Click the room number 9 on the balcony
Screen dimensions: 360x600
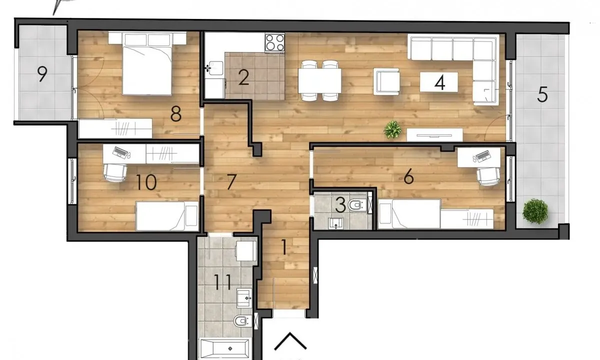point(42,74)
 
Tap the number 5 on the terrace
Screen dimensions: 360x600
point(542,94)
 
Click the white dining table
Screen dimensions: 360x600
point(320,80)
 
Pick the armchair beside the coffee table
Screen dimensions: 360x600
point(387,81)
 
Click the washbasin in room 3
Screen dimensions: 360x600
point(335,222)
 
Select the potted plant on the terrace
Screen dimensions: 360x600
point(535,211)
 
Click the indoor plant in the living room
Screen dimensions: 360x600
point(392,130)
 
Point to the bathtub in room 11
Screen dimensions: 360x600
point(224,347)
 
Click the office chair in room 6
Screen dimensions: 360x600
point(488,175)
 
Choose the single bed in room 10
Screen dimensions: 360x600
point(166,215)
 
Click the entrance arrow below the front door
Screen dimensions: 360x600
point(290,342)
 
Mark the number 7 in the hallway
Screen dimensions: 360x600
point(230,182)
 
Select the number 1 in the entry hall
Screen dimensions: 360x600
point(284,247)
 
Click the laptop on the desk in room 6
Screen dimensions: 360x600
point(481,156)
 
